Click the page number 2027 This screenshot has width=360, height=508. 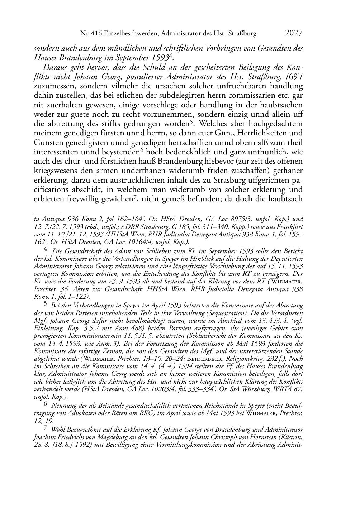pos(294,33)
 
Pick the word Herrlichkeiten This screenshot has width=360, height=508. pos(262,133)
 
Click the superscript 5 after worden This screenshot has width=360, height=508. pos(192,122)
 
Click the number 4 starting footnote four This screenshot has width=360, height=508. pos(46,250)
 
